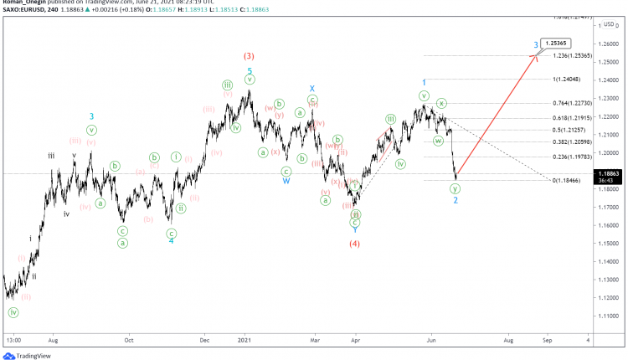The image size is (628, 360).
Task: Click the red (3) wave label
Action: coord(249,56)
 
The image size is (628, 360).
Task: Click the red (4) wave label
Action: coord(355,244)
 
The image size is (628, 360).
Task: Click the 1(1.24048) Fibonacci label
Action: coord(569,80)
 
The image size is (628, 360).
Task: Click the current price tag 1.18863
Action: coord(609,172)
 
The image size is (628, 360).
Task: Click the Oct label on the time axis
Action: coord(129,341)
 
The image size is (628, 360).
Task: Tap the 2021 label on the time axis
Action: coord(243,341)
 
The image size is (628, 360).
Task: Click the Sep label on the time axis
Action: coord(548,341)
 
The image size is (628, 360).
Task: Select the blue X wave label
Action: coord(311,88)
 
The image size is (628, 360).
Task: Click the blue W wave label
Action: coord(286,180)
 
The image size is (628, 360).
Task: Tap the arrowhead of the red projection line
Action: coord(534,56)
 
